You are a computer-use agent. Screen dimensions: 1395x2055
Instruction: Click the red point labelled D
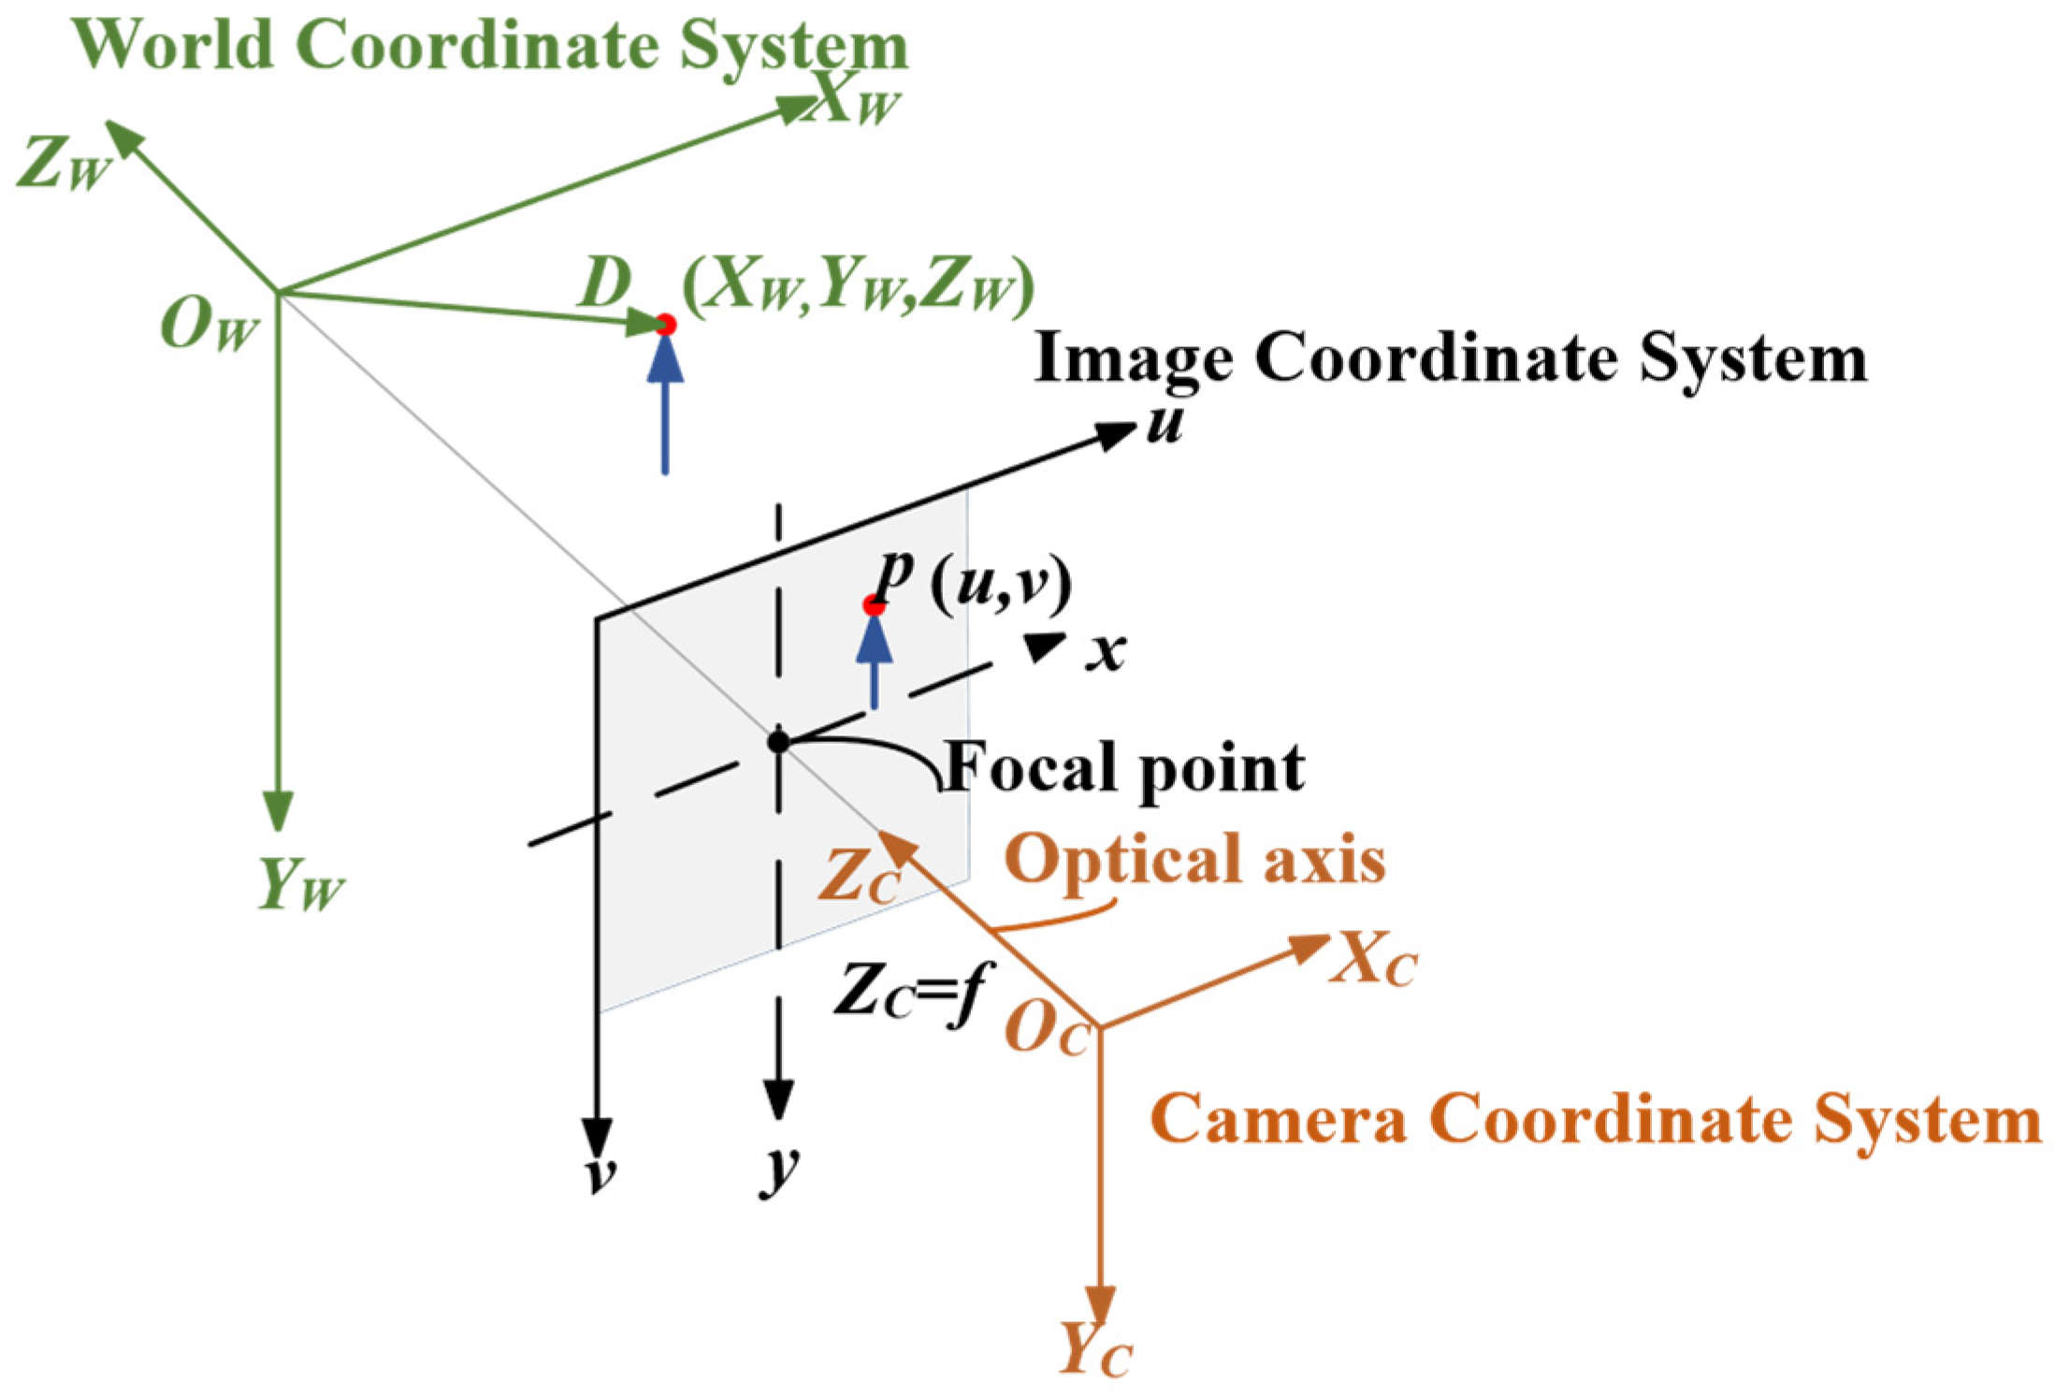665,325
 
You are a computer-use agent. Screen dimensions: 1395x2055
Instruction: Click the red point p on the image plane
874,605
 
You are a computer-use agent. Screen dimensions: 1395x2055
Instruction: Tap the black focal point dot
778,742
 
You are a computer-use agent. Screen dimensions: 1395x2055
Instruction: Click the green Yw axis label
299,884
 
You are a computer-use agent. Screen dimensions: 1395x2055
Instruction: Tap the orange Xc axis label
1373,960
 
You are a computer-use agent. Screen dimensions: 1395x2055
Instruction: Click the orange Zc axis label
859,878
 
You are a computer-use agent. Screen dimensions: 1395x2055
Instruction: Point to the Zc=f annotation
913,992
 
